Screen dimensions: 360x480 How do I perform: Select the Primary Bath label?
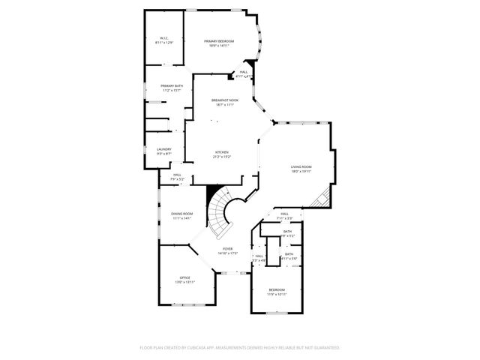click(x=171, y=85)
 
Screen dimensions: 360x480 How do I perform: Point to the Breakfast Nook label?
click(x=224, y=100)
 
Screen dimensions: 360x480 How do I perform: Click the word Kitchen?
click(x=222, y=151)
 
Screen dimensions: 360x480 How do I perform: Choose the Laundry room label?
click(x=164, y=148)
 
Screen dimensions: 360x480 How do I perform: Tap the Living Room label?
click(x=301, y=166)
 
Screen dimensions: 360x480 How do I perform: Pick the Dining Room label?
click(x=181, y=214)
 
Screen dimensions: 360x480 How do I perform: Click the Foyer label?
click(x=227, y=248)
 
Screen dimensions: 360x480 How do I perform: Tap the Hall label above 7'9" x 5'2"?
click(x=177, y=175)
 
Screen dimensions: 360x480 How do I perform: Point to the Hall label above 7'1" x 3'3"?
click(x=285, y=214)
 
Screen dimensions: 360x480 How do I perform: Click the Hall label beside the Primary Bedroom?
click(x=244, y=72)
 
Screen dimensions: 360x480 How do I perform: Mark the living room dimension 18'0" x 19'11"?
click(x=301, y=172)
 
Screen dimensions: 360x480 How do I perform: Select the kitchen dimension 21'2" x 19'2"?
click(x=222, y=157)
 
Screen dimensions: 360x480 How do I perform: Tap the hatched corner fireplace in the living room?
click(x=321, y=199)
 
